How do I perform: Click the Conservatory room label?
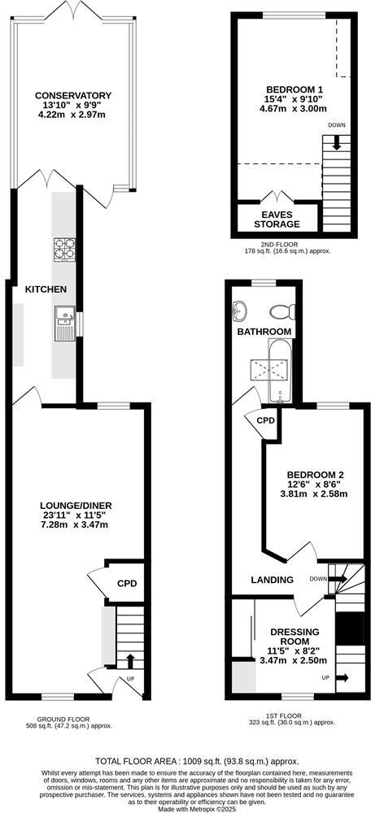(73, 96)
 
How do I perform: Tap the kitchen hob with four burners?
(64, 248)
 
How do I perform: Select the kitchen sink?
(64, 324)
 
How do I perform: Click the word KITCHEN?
(46, 289)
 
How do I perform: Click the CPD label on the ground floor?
(126, 583)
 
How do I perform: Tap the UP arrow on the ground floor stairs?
(129, 658)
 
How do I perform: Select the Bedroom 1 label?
(295, 89)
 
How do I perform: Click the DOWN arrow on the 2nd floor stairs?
(337, 141)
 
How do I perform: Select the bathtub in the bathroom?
(277, 370)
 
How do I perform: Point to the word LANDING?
(272, 580)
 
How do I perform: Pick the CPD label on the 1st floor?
(265, 421)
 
